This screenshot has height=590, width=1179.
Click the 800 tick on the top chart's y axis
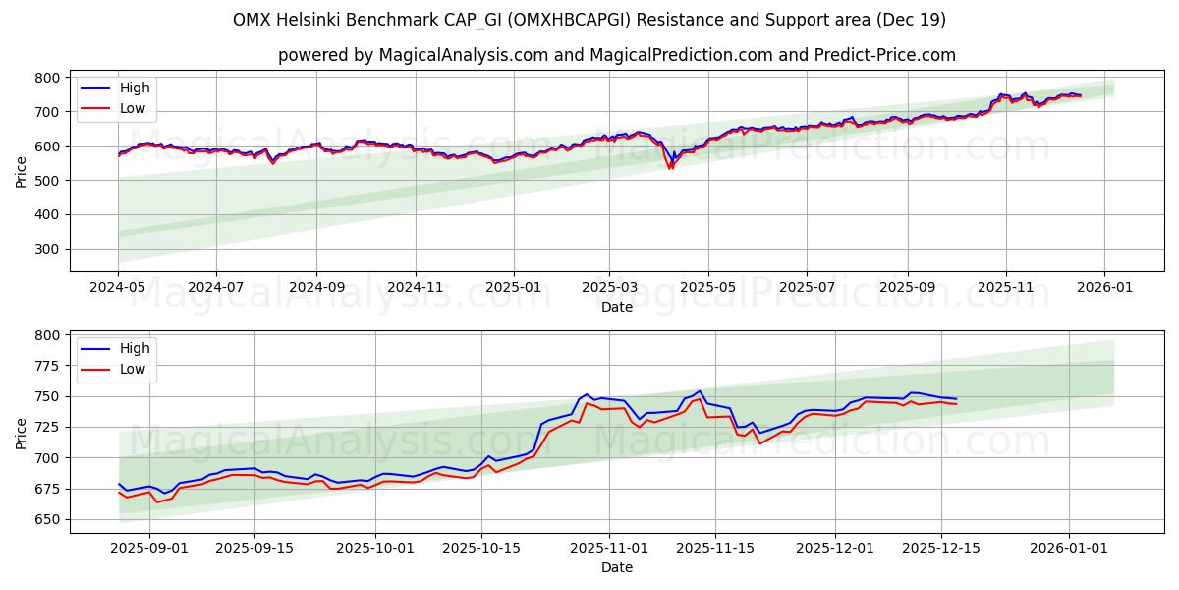(49, 78)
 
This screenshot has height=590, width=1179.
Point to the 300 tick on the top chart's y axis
(49, 249)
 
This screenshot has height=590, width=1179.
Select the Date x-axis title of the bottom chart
(617, 567)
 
